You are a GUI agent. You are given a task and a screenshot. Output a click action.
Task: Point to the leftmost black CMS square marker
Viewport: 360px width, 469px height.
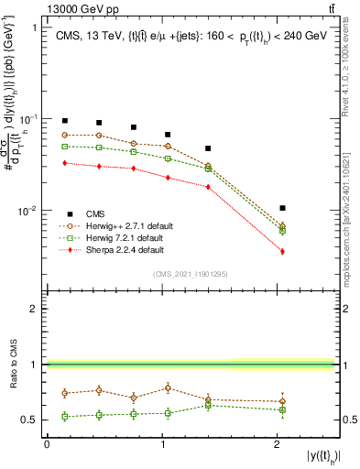tap(65, 121)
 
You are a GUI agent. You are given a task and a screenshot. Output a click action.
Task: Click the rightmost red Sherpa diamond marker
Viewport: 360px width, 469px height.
tap(282, 251)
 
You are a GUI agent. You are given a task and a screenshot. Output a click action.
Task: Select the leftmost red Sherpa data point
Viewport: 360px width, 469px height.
tap(65, 163)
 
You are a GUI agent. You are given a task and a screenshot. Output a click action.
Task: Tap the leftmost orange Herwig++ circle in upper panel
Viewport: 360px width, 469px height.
tap(65, 135)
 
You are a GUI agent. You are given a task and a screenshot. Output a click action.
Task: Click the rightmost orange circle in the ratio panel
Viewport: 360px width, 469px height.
tap(282, 401)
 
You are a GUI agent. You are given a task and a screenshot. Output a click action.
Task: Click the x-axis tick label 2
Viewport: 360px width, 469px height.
tap(278, 445)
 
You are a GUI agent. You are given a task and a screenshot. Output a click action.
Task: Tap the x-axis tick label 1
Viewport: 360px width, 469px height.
tap(162, 445)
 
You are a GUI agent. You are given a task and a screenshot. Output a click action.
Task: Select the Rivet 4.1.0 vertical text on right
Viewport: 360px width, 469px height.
tap(351, 63)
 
